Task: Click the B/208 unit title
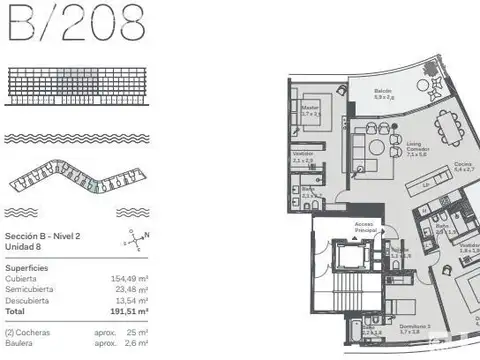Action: pos(75,23)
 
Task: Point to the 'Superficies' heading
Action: pos(29,267)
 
